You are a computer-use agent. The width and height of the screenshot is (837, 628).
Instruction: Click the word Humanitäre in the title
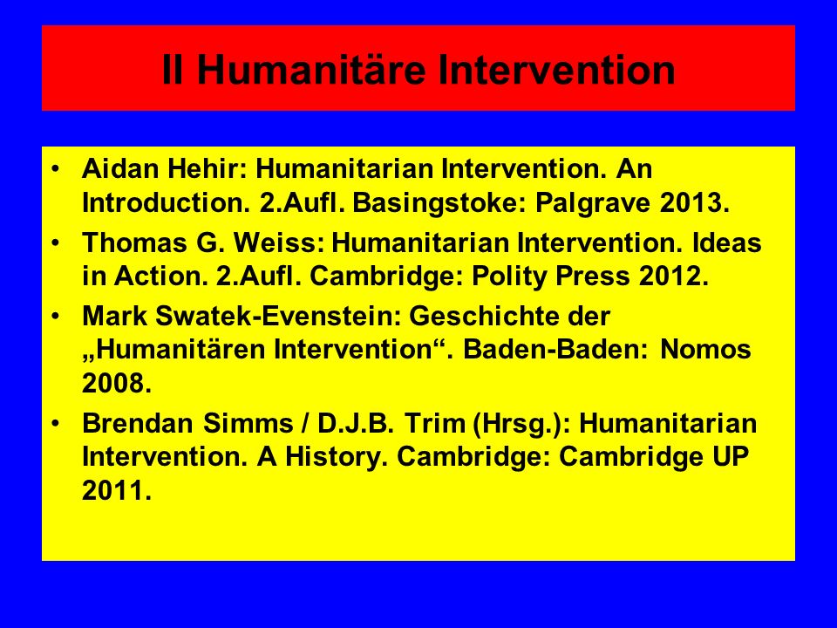coord(312,70)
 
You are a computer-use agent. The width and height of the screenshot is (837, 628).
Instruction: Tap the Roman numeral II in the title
coord(173,70)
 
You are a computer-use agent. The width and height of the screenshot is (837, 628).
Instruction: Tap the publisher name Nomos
coord(705,350)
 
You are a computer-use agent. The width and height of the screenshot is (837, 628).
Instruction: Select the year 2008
coord(116,384)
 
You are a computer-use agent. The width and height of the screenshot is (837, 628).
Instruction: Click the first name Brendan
coord(137,424)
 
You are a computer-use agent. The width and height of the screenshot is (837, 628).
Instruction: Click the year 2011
coord(116,490)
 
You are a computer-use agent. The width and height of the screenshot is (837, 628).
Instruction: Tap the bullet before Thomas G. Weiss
coord(56,243)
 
